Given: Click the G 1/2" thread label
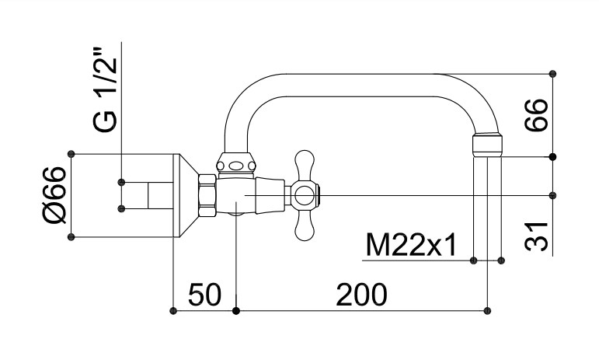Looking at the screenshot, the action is pos(104,89).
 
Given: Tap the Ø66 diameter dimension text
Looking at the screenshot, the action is pos(54,195).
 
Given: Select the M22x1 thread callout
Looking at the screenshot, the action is pos(411,245).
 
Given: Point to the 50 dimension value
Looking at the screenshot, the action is pos(205,295).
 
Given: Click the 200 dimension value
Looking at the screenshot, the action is pos(361,295).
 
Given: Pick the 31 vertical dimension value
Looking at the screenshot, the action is pos(536,236).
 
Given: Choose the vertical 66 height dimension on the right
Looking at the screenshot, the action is pos(536,115).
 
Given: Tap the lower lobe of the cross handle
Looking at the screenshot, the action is pos(305,225).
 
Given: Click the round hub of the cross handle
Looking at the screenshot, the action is pos(305,197).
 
